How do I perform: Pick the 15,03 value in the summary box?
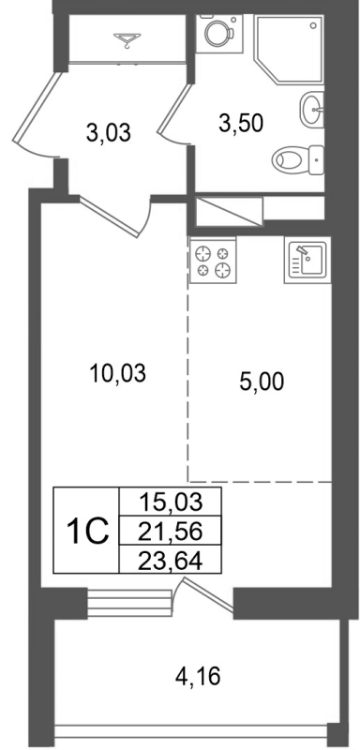(x=169, y=500)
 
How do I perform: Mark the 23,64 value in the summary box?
(x=169, y=562)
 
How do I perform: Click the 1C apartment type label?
(x=86, y=532)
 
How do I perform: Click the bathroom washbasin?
(x=313, y=112)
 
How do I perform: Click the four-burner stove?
(x=213, y=261)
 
